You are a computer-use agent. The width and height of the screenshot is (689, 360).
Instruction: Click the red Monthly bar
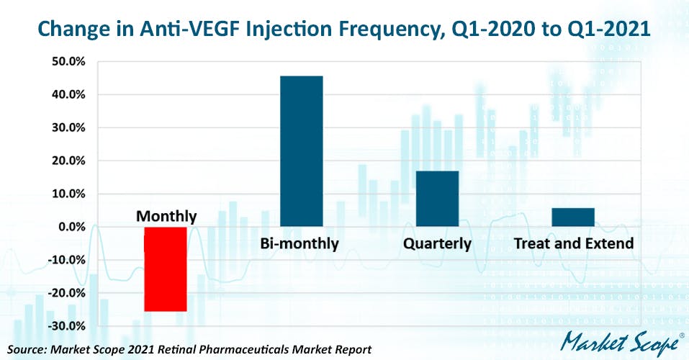point(166,269)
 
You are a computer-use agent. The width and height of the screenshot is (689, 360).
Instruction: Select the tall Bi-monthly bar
point(301,151)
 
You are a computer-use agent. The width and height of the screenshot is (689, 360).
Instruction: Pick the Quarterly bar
point(437,199)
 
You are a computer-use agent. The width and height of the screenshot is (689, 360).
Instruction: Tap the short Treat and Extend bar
point(573,217)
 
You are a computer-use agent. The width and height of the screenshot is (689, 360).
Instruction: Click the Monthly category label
point(166,216)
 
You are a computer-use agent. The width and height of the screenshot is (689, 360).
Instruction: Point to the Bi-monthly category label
point(299,244)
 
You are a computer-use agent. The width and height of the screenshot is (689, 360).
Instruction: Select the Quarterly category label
point(437,244)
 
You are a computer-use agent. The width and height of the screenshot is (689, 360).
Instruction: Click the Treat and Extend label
point(573,244)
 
